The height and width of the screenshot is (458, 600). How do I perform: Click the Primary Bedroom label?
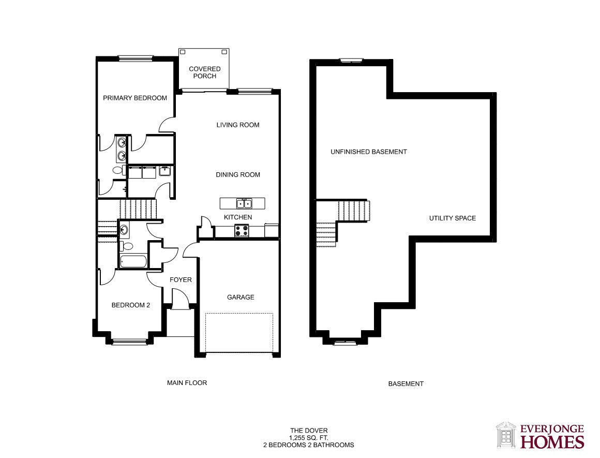click(x=135, y=98)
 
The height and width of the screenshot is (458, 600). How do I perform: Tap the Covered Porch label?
click(x=205, y=72)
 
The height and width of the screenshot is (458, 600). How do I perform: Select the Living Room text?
click(x=238, y=125)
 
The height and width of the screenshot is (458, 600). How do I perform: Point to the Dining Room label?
click(x=238, y=174)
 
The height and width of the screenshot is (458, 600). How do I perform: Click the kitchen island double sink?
click(x=244, y=203)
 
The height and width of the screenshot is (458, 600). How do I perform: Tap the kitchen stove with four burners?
click(x=242, y=231)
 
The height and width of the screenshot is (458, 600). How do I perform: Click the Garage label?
click(x=241, y=297)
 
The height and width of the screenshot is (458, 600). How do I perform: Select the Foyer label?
click(x=181, y=280)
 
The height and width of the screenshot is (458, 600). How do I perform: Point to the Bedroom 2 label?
click(x=131, y=305)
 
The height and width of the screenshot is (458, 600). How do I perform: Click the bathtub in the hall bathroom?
click(x=133, y=261)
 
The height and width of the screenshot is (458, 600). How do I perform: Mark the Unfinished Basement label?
click(x=368, y=152)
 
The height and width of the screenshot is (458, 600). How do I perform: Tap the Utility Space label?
click(x=453, y=218)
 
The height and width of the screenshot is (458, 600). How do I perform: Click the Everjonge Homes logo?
click(x=541, y=435)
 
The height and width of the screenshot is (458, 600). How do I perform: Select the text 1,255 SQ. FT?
click(x=309, y=438)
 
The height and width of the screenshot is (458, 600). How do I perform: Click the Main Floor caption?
click(x=187, y=383)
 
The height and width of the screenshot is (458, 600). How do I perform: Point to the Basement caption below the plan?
click(x=406, y=383)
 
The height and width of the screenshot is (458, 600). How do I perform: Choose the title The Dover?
click(x=309, y=431)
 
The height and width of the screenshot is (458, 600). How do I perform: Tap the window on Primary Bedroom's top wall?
click(x=136, y=58)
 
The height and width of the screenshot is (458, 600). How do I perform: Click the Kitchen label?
click(x=238, y=217)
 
